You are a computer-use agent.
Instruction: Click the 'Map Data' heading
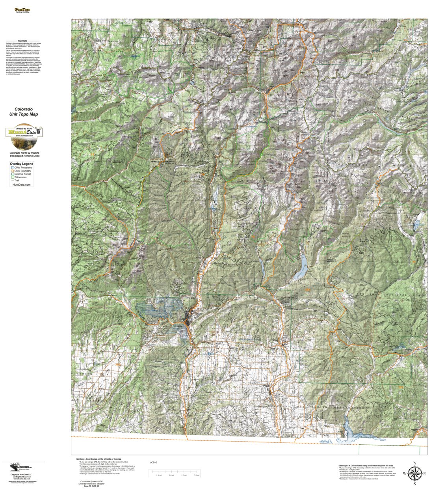[x=22, y=41]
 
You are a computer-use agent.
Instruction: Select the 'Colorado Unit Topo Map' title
[x=24, y=112]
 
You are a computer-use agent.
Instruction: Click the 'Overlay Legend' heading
[x=22, y=164]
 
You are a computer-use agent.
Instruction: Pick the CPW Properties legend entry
[x=23, y=168]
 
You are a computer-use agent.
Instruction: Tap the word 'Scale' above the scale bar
[x=153, y=462]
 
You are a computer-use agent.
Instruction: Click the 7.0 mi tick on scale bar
[x=196, y=475]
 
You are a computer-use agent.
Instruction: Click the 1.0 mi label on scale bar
[x=158, y=475]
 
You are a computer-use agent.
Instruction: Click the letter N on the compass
[x=414, y=463]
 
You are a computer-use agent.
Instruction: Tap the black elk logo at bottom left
[x=14, y=468]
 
